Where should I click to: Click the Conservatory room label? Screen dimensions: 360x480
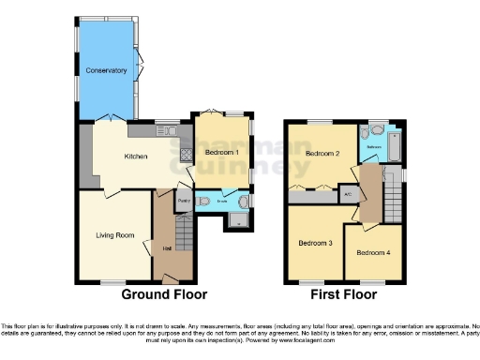click(x=106, y=70)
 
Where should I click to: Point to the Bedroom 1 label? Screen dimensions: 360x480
click(x=223, y=152)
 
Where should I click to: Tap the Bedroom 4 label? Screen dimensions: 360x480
click(x=374, y=252)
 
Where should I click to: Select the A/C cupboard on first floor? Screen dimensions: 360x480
click(x=347, y=194)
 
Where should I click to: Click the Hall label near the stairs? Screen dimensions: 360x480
click(x=166, y=248)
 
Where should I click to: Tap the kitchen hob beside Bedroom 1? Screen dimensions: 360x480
click(x=186, y=157)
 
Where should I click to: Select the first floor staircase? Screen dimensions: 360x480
click(x=394, y=198)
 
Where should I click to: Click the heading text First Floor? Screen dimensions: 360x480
click(x=345, y=294)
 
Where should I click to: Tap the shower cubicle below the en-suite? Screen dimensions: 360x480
click(x=235, y=221)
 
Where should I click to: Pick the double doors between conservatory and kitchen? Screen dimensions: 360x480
click(x=110, y=120)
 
